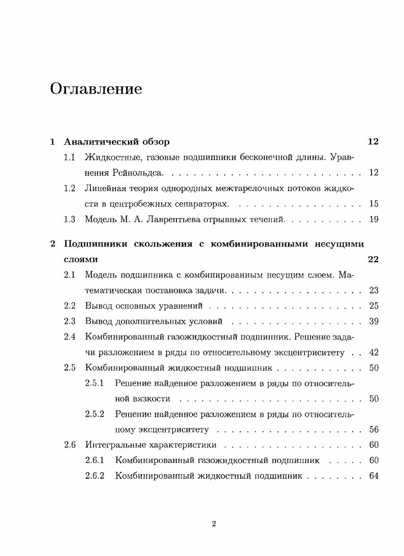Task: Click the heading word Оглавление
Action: point(96,89)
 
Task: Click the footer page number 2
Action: point(214,524)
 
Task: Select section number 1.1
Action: point(70,157)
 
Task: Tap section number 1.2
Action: point(70,189)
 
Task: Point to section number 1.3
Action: point(70,220)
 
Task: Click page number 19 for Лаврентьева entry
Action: point(374,220)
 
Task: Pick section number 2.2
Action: point(70,306)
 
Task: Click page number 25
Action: point(374,306)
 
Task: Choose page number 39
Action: point(374,322)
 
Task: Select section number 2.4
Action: point(70,336)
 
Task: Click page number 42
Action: point(374,352)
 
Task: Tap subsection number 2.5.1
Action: point(95,383)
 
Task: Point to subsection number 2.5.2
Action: point(95,414)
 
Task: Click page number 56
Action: point(374,430)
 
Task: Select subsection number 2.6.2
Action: point(95,476)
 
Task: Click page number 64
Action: point(374,476)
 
